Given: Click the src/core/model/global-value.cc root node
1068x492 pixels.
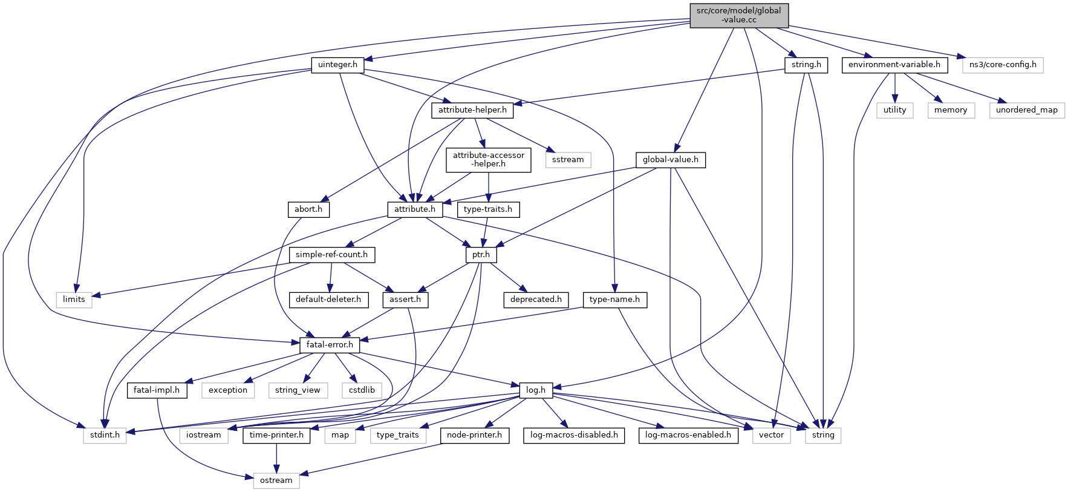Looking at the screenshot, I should (738, 15).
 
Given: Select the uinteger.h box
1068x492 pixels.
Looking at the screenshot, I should (337, 65).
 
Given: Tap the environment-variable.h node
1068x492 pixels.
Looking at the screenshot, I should (894, 65).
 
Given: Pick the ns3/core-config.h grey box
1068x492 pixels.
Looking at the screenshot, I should (1003, 65).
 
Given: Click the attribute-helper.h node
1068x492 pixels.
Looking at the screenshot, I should (472, 110).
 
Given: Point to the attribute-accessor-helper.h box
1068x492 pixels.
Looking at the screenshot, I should (489, 160).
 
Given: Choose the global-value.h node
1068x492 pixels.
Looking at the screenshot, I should (670, 160).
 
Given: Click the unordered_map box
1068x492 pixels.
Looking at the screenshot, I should (1026, 110).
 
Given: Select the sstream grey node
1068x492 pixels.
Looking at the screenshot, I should (568, 160).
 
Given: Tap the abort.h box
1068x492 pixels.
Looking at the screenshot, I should (308, 209).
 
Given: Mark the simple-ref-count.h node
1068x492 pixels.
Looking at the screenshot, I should (331, 255).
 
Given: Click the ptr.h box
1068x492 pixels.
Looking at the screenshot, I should (481, 255).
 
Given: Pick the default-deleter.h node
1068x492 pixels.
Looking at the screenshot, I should (328, 300).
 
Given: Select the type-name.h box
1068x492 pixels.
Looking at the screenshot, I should (614, 300).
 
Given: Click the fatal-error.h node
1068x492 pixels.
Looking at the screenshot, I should (330, 345).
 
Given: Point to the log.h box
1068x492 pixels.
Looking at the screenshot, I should (536, 390).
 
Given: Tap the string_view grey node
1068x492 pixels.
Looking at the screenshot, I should (298, 390).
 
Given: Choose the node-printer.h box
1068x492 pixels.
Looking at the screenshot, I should (474, 435).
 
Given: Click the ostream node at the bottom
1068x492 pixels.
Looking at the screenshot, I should (276, 481).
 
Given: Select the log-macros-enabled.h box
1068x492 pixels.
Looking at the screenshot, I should (688, 435).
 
